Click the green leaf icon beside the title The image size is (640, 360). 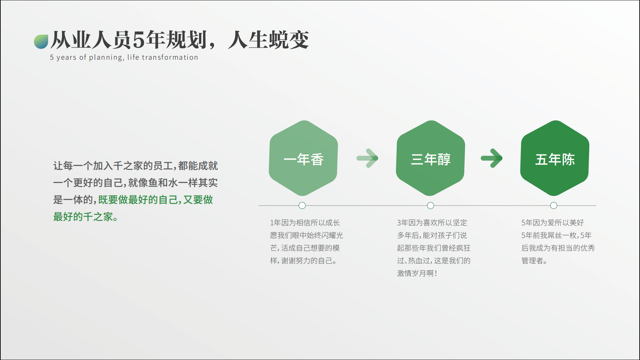[x=41, y=42]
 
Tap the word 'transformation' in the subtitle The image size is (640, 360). [x=170, y=57]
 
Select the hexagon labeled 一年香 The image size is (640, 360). [x=303, y=158]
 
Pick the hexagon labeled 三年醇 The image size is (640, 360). [x=430, y=158]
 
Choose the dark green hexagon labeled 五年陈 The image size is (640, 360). [x=555, y=158]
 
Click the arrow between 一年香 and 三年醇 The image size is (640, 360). [x=367, y=158]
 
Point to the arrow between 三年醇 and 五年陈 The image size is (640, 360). [x=492, y=158]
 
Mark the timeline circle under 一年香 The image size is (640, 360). [x=302, y=206]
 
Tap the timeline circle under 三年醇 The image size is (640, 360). [x=430, y=206]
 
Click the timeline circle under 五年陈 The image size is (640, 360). [x=554, y=206]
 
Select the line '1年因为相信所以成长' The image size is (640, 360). [x=305, y=223]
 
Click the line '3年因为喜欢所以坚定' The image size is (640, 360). [x=432, y=223]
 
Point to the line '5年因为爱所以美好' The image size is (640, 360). [x=553, y=223]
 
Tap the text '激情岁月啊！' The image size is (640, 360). [x=417, y=273]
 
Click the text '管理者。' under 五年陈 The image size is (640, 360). [x=534, y=261]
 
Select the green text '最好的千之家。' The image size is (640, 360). [x=86, y=217]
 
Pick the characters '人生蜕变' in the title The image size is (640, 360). [x=268, y=40]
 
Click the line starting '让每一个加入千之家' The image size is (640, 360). [x=135, y=166]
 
